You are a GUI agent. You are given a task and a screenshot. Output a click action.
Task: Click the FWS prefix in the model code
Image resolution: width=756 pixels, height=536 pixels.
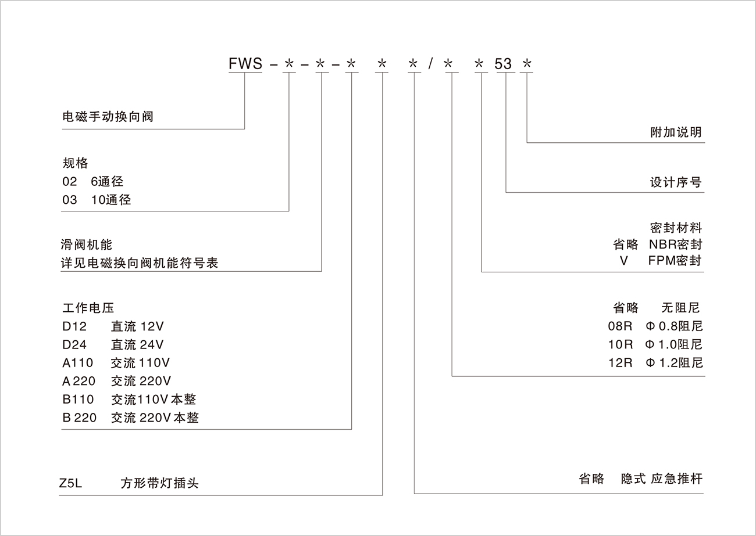pyautogui.click(x=245, y=63)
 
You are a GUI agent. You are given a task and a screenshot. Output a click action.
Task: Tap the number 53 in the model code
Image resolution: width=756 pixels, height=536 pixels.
pyautogui.click(x=503, y=63)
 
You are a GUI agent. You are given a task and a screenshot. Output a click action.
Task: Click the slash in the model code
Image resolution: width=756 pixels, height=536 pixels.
pyautogui.click(x=430, y=63)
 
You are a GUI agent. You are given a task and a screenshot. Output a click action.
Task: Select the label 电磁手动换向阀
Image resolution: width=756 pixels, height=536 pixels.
pyautogui.click(x=108, y=117)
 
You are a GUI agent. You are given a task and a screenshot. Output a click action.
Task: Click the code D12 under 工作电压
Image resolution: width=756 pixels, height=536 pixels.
pyautogui.click(x=74, y=326)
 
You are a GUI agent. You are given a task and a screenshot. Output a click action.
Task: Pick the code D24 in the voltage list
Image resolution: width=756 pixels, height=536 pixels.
pyautogui.click(x=74, y=344)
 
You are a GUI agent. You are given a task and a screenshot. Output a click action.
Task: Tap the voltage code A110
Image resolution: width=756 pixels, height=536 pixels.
pyautogui.click(x=77, y=363)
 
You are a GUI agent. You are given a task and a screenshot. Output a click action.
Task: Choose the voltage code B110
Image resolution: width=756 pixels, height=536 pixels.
pyautogui.click(x=77, y=399)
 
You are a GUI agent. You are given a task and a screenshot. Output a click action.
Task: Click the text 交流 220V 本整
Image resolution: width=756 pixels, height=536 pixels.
pyautogui.click(x=155, y=418)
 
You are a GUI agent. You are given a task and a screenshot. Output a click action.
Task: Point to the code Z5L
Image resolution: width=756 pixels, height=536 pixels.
pyautogui.click(x=71, y=483)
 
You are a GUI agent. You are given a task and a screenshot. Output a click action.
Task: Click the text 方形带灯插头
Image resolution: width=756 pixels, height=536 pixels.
pyautogui.click(x=159, y=483)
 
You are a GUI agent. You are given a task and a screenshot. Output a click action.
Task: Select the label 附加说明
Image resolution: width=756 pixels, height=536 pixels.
pyautogui.click(x=676, y=132)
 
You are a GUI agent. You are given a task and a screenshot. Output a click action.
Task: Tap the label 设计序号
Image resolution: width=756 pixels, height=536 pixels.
pyautogui.click(x=676, y=182)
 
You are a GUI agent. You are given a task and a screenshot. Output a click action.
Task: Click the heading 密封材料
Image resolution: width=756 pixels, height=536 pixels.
pyautogui.click(x=676, y=227)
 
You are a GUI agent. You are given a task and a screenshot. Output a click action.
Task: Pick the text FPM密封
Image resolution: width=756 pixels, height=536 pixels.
pyautogui.click(x=675, y=260)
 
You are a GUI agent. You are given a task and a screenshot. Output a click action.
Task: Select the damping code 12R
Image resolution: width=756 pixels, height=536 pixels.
pyautogui.click(x=620, y=363)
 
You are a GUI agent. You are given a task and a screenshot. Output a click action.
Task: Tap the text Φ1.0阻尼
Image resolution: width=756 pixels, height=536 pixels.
pyautogui.click(x=673, y=344)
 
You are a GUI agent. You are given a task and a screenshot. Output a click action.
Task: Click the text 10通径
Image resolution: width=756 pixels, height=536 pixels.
pyautogui.click(x=111, y=200)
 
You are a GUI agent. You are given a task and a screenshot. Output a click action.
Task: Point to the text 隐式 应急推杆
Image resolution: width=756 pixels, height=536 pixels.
pyautogui.click(x=662, y=479)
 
